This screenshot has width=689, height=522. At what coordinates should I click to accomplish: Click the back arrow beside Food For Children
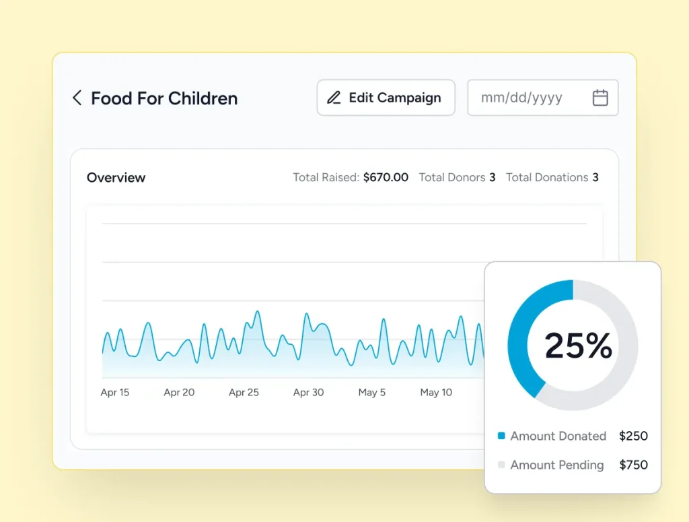tap(77, 98)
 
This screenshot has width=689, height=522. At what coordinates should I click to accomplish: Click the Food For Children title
tap(164, 98)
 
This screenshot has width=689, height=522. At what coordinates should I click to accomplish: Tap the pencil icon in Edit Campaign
tap(334, 98)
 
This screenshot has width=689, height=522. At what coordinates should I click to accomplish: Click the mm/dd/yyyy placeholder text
tap(521, 98)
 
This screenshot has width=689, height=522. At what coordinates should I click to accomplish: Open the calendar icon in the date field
tap(600, 98)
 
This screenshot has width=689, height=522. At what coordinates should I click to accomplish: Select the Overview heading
tap(116, 177)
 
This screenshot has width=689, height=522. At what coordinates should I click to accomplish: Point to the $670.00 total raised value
tap(386, 177)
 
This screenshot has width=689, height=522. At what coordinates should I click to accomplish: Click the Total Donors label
tap(451, 177)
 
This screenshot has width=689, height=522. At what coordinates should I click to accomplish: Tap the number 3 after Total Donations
tap(595, 177)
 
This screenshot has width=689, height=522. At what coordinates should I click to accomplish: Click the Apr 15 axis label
tap(114, 392)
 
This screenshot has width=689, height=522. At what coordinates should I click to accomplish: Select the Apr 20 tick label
tap(179, 392)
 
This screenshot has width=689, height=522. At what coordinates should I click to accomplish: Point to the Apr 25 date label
tap(244, 392)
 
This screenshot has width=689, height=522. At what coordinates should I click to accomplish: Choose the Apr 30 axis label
tap(308, 392)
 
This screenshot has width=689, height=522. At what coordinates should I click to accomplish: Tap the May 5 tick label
tap(371, 392)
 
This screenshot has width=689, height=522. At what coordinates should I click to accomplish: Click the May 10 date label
tap(436, 392)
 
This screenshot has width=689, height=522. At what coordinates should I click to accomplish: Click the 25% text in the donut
tap(578, 346)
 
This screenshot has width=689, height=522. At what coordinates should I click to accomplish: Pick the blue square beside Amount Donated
tap(501, 436)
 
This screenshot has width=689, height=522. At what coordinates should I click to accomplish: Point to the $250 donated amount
tap(633, 436)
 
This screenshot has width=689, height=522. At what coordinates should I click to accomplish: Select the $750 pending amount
tap(633, 465)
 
